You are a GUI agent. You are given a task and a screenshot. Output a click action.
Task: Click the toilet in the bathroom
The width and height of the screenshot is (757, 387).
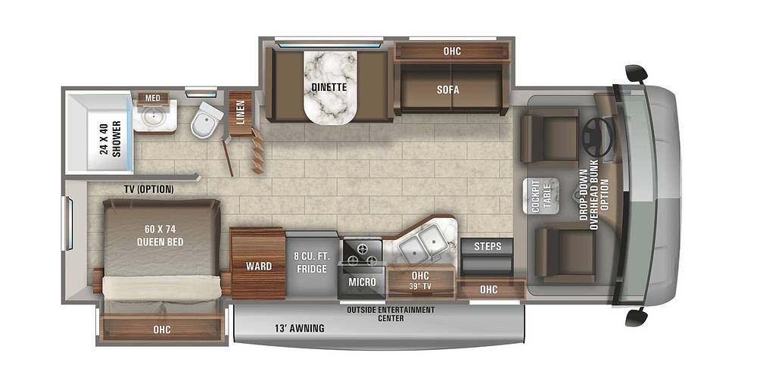tap(206, 120)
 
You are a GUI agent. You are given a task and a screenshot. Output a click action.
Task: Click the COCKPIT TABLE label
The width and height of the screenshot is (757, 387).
tap(540, 196)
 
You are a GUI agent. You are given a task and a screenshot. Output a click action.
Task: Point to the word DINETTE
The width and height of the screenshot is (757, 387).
tap(329, 87)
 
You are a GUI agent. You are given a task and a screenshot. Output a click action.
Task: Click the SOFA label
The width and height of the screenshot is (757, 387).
tap(448, 89)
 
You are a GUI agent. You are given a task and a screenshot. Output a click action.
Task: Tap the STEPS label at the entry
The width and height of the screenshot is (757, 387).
tap(487, 246)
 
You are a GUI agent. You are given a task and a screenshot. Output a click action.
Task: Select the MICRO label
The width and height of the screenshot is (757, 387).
tap(362, 282)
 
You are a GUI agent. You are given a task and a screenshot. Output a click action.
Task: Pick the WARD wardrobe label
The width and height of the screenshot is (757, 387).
tap(259, 266)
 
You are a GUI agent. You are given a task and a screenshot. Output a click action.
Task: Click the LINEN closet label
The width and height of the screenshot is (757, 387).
tap(241, 112)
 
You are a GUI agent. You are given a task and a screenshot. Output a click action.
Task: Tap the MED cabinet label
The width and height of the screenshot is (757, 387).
tap(153, 98)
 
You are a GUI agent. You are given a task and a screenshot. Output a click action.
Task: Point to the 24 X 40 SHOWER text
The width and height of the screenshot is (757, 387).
tap(110, 139)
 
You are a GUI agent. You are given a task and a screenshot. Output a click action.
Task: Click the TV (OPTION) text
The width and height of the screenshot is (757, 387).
tap(148, 189)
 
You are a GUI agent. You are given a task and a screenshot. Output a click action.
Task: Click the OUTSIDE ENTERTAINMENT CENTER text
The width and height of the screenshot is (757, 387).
tap(391, 314)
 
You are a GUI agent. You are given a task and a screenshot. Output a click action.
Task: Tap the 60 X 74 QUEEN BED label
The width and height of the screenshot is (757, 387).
tap(160, 236)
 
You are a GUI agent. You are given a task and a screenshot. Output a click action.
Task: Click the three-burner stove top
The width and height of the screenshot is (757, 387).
tap(362, 253)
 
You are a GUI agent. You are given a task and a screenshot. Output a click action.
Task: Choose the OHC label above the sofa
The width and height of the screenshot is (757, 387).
tap(452, 51)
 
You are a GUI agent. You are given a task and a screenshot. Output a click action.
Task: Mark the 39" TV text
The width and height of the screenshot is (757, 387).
tap(420, 286)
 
